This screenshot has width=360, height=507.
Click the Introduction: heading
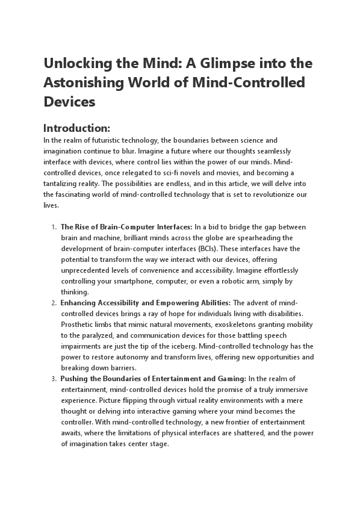click(x=76, y=128)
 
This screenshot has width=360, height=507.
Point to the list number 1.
click(x=54, y=227)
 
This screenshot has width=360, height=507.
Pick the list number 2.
click(x=54, y=303)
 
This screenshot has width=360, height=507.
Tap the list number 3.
click(x=54, y=379)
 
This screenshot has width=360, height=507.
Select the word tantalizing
click(x=63, y=184)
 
